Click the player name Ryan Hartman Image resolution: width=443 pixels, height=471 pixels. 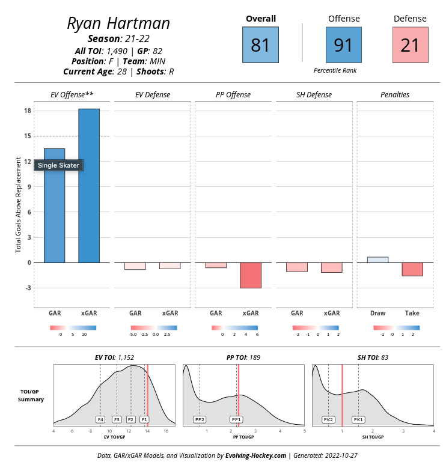[x=118, y=23]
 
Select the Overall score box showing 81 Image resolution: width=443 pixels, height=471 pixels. [x=260, y=45]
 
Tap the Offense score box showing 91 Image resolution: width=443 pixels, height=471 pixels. [x=343, y=45]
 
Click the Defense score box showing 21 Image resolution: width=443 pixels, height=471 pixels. [x=409, y=45]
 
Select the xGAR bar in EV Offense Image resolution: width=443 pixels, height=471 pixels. [x=89, y=186]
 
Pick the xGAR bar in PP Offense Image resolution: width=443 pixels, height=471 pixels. [x=251, y=275]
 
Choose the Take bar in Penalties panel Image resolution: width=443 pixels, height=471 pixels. [x=412, y=269]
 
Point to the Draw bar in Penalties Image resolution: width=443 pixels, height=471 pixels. [x=377, y=260]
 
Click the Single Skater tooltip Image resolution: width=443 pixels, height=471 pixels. [x=58, y=165]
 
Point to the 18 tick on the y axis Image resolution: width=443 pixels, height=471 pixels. [x=28, y=111]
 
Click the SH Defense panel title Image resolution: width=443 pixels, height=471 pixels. [x=314, y=95]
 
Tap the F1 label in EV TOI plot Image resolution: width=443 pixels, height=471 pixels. [x=144, y=419]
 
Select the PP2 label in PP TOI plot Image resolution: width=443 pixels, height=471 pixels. [x=200, y=419]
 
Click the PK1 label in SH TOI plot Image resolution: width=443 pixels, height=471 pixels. [x=358, y=419]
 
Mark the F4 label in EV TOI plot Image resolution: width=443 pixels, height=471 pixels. [x=100, y=419]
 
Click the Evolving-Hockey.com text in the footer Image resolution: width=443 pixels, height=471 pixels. [x=255, y=456]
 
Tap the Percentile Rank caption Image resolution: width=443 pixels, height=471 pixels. [x=335, y=71]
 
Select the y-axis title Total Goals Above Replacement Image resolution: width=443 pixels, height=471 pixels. [x=19, y=204]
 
